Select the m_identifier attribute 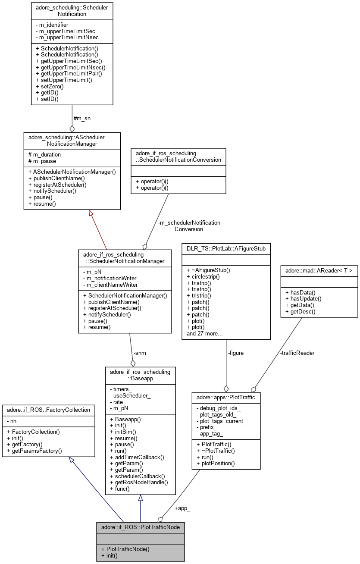point(53,25)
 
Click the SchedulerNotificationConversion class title point(178,156)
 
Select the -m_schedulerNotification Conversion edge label point(188,226)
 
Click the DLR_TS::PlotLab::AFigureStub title point(226,248)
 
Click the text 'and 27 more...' point(205,333)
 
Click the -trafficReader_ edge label point(298,354)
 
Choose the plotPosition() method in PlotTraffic point(216,464)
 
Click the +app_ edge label point(182,508)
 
